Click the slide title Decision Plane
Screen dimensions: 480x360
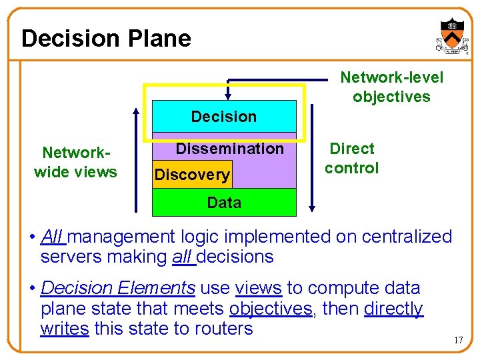[x=106, y=39]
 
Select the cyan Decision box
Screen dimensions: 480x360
[x=224, y=117]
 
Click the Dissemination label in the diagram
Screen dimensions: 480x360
[x=229, y=149]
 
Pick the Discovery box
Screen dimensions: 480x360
[x=192, y=175]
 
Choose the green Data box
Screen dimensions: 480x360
[x=224, y=203]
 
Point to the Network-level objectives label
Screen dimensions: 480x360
[x=391, y=87]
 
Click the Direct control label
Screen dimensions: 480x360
[x=352, y=158]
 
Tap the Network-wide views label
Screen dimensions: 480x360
[x=75, y=162]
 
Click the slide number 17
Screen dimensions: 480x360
[x=458, y=341]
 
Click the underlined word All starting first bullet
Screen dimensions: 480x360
[x=52, y=237]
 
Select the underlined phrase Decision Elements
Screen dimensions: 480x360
[x=118, y=288]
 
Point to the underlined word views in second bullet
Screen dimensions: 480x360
[x=259, y=288]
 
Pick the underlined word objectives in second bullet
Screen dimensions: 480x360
[x=270, y=309]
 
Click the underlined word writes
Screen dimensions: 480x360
[x=64, y=329]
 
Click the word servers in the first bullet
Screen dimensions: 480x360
[x=70, y=257]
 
